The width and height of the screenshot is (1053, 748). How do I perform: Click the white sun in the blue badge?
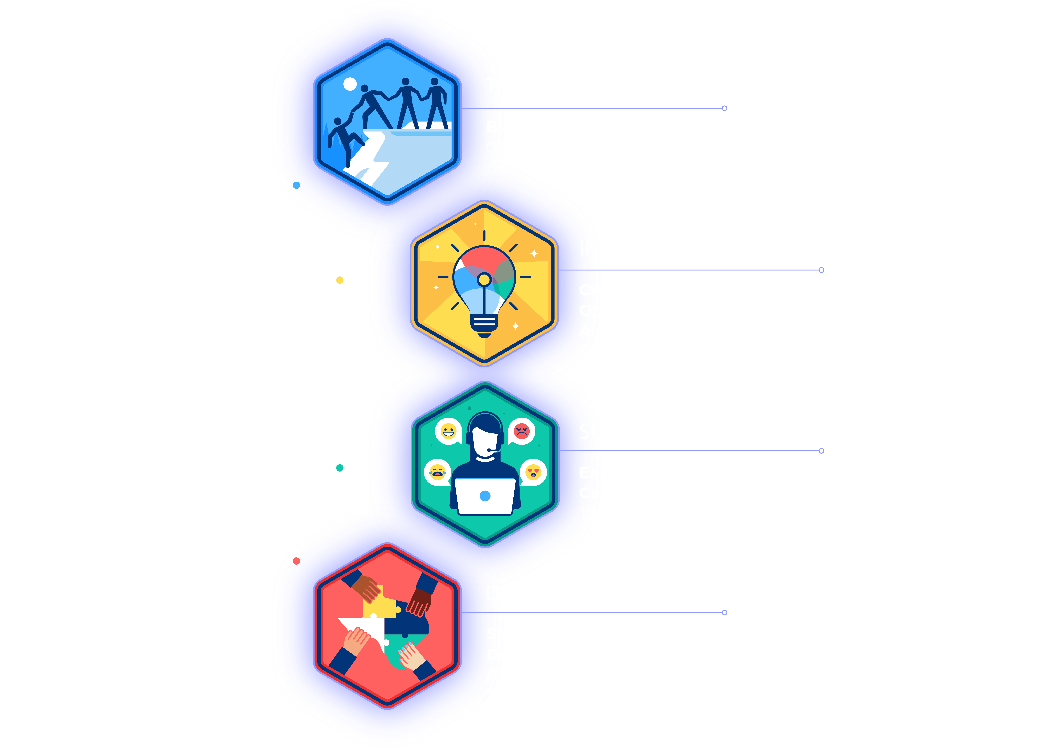(x=350, y=84)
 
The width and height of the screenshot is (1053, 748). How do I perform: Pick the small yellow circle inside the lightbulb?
(x=484, y=279)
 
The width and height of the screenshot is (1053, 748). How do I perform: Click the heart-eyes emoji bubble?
(x=533, y=472)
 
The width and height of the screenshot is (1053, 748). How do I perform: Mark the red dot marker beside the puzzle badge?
(x=296, y=560)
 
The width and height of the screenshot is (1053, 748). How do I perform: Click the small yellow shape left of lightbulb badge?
(x=341, y=281)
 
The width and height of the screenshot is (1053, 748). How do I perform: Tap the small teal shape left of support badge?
(x=341, y=470)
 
